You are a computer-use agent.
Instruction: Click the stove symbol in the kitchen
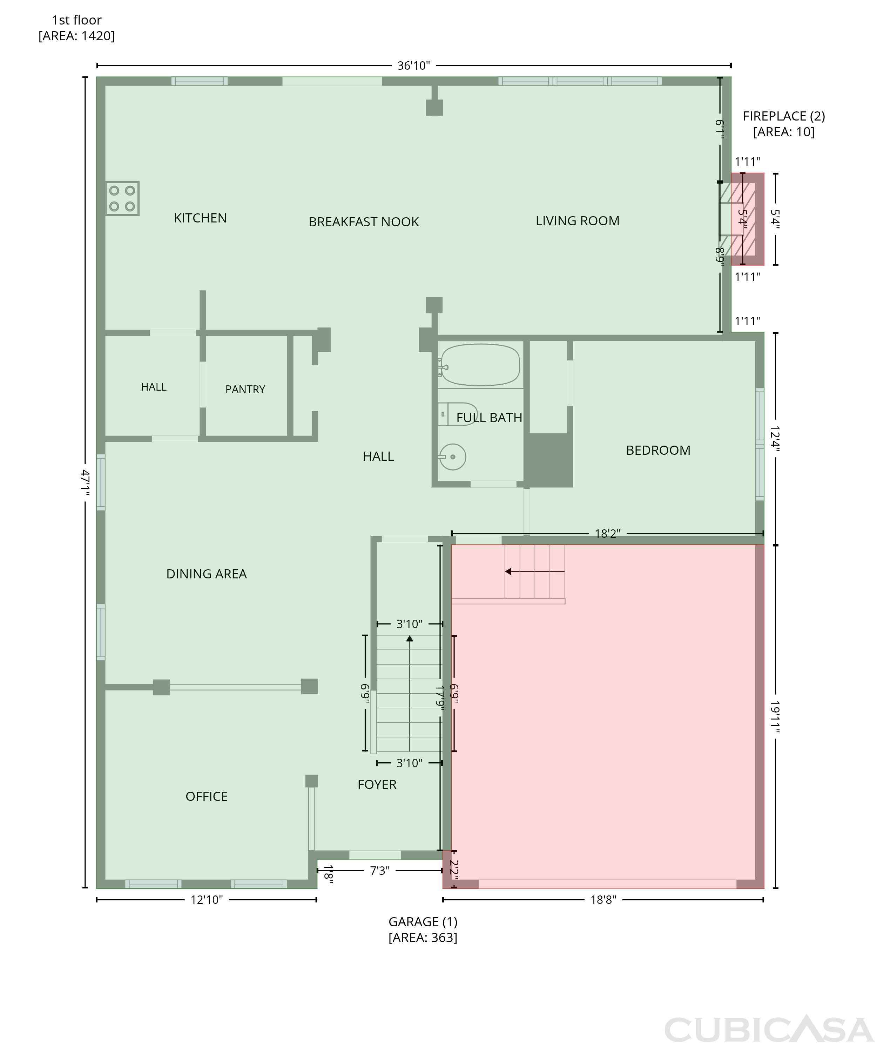click(122, 198)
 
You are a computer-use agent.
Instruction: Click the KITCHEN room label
click(201, 218)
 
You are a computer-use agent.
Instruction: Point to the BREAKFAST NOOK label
click(364, 222)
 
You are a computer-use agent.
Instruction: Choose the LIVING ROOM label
click(577, 221)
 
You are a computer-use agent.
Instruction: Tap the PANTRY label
click(245, 389)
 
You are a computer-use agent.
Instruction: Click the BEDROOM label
click(658, 450)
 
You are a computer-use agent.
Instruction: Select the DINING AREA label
click(207, 574)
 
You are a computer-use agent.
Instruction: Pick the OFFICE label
click(207, 796)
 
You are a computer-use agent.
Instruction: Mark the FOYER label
click(377, 785)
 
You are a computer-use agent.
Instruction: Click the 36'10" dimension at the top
click(413, 66)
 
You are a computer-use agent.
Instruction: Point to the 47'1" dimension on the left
click(86, 483)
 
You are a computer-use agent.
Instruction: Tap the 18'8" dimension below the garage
click(603, 900)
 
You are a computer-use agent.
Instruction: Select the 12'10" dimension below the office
click(207, 900)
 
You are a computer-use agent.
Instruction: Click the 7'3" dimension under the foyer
click(380, 871)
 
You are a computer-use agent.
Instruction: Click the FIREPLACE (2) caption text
click(784, 116)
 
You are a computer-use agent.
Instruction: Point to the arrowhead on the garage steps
click(508, 571)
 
